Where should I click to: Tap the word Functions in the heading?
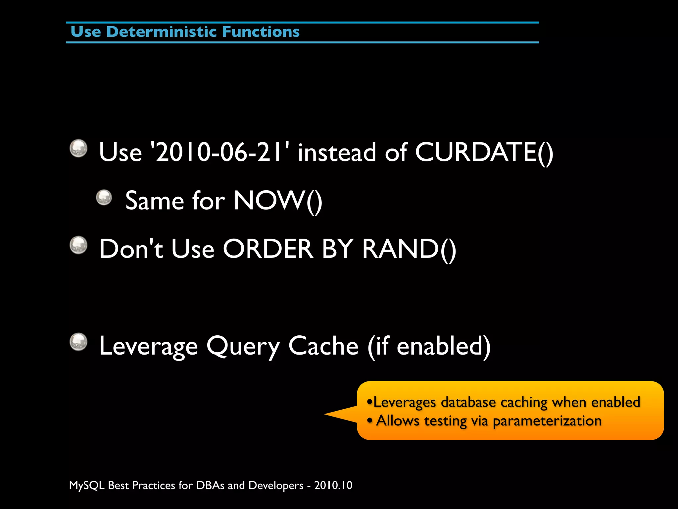coord(261,32)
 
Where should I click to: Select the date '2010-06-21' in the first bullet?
coord(219,152)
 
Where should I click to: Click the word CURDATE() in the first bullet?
coord(484,152)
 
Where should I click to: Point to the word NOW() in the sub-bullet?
coord(277,201)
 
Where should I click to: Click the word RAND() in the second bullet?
coord(409,249)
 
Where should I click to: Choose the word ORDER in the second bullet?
coord(267,249)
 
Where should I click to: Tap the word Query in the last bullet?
coord(243,347)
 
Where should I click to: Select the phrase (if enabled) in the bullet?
coord(429,346)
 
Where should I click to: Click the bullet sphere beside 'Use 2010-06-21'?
coord(79,148)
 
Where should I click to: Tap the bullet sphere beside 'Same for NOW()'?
coord(104,198)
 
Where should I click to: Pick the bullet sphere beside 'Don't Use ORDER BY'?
coord(79,245)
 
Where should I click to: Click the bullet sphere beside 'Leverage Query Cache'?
coord(79,342)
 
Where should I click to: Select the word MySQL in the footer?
coord(87,485)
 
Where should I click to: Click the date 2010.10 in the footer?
coord(333,485)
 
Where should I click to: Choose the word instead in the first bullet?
coord(337,152)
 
